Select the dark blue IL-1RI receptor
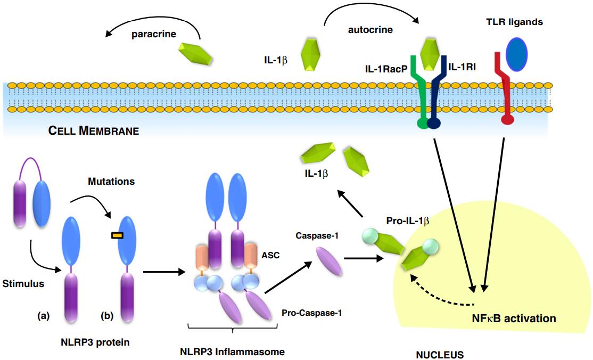(x=437, y=93)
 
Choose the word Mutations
(x=111, y=182)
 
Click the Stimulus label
(x=23, y=283)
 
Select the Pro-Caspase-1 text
(x=311, y=313)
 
